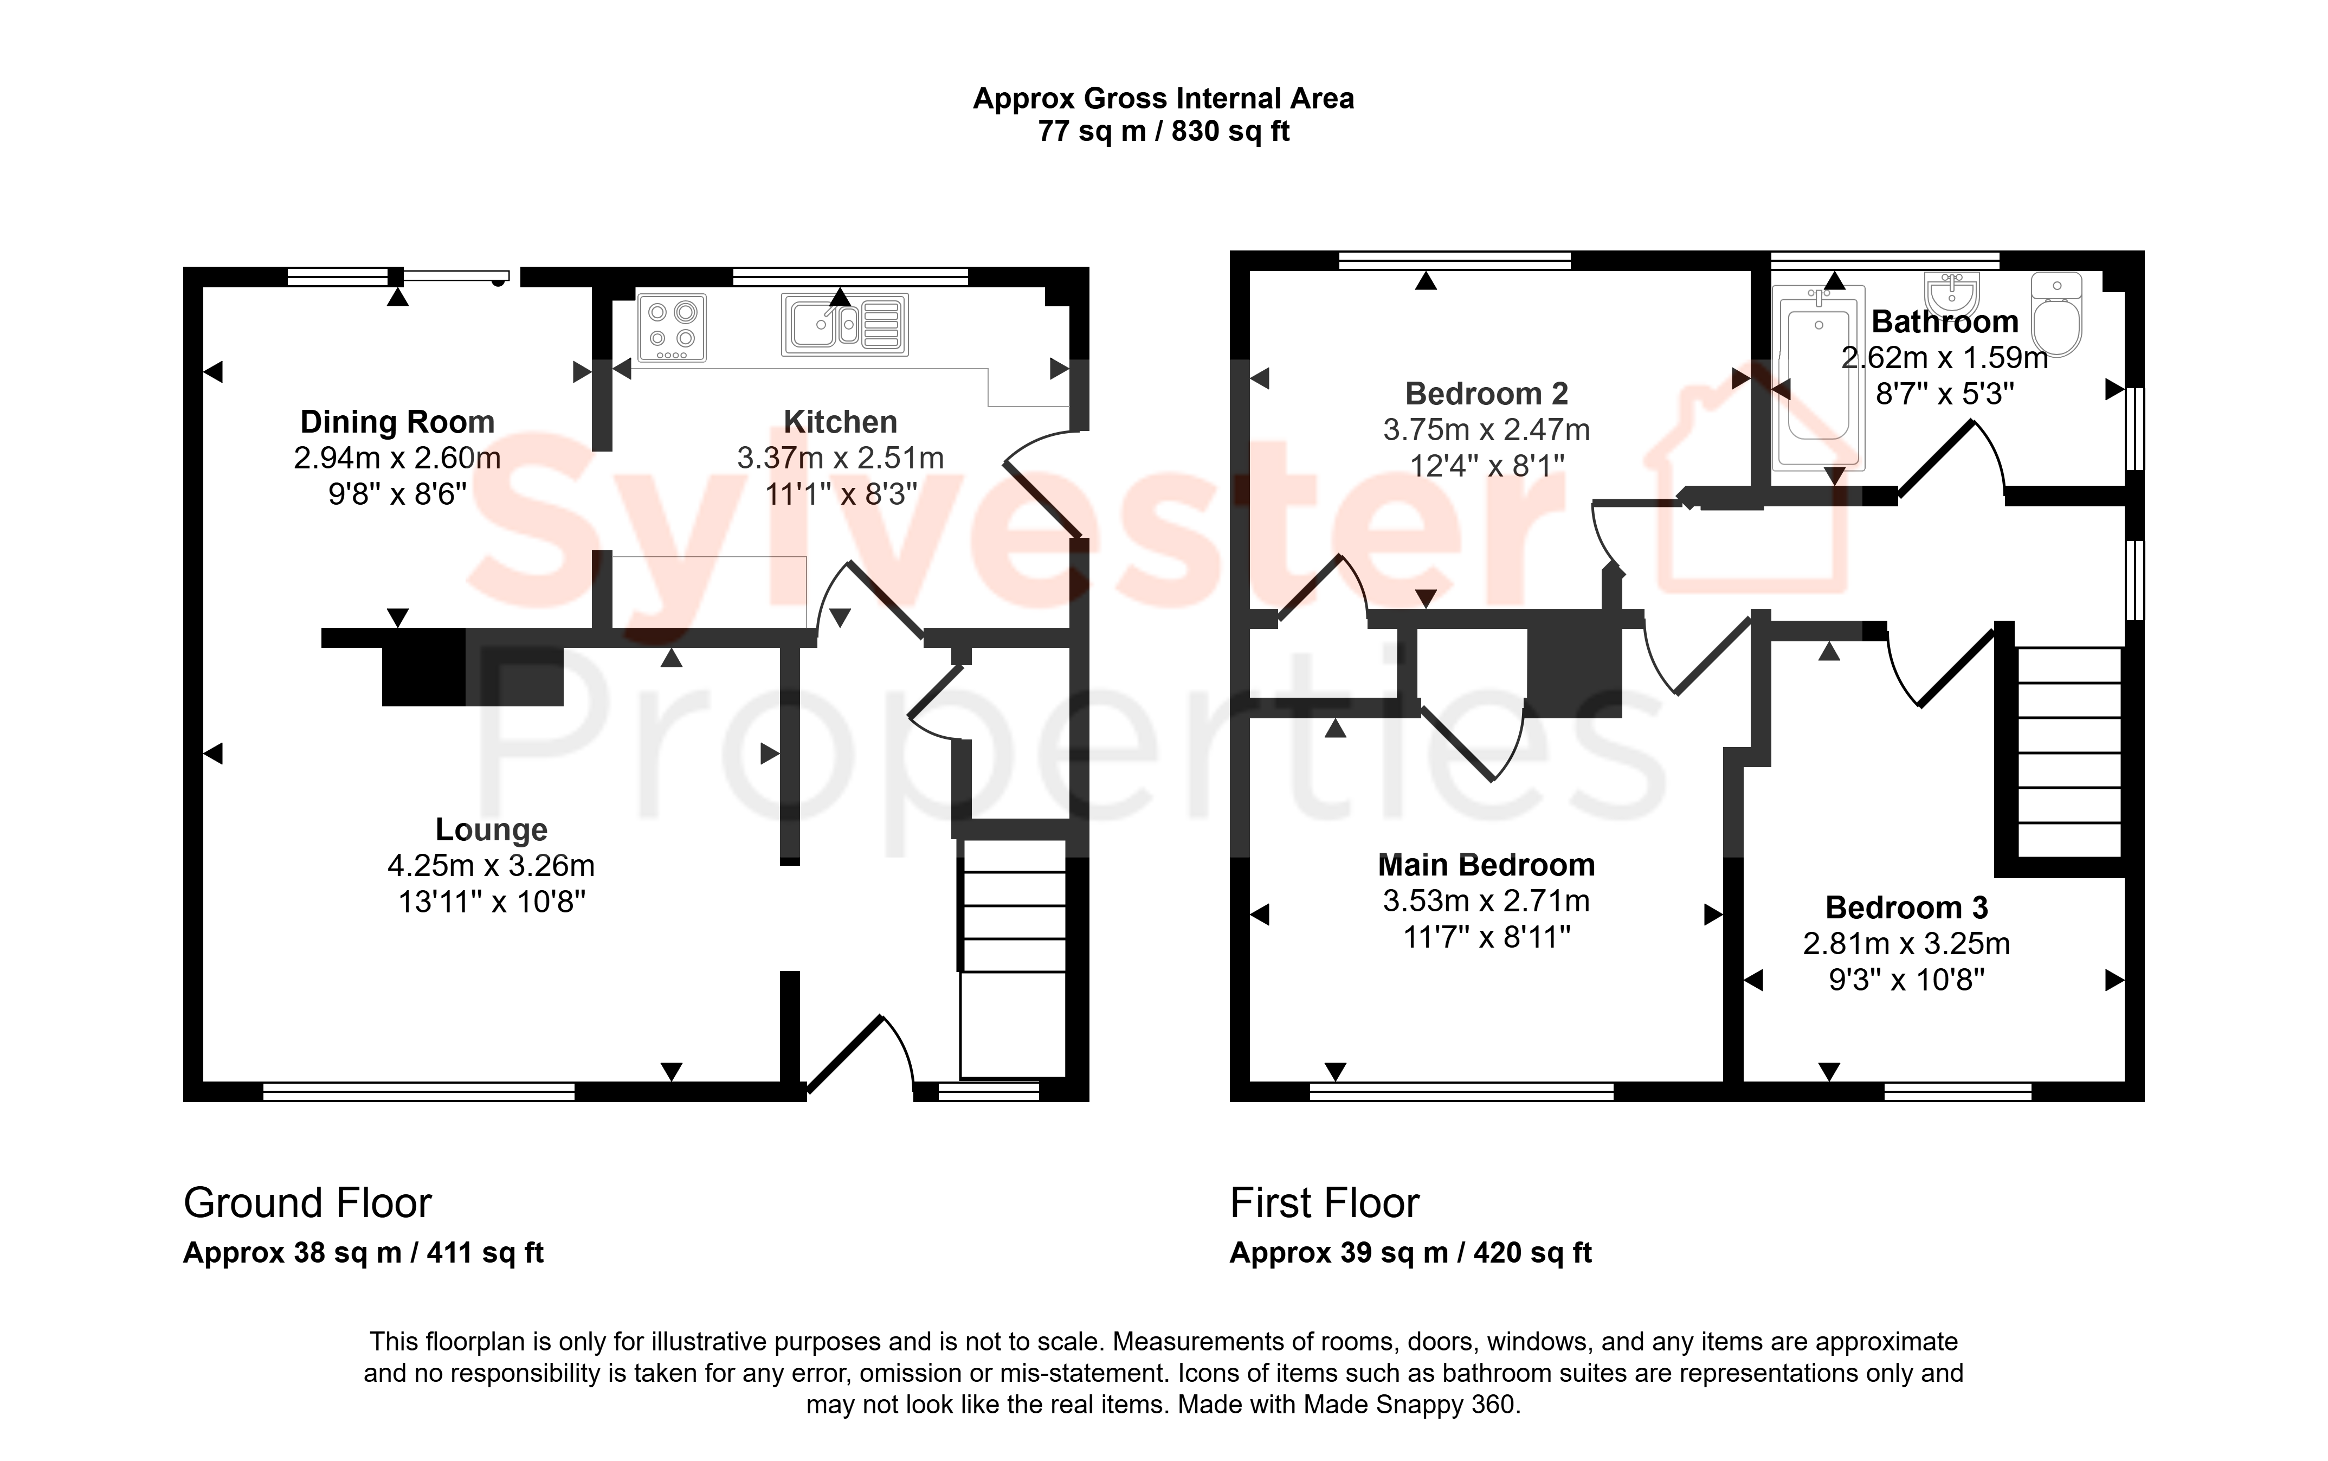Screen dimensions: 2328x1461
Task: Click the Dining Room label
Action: click(397, 422)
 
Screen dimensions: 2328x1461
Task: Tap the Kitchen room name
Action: click(840, 422)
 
